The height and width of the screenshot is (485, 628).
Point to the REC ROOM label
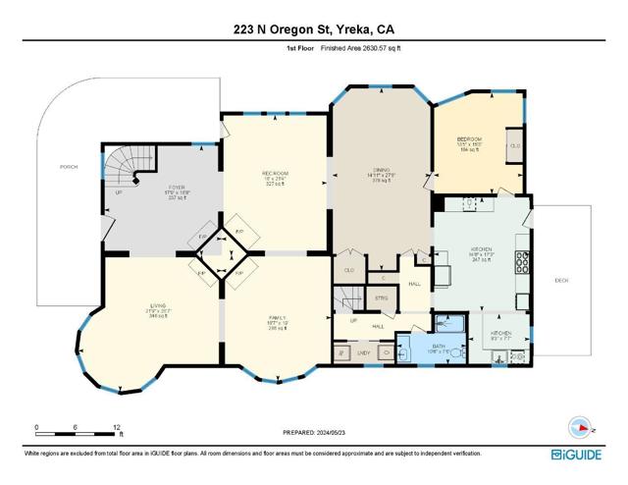[x=274, y=177]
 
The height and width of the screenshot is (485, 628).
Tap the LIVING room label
[x=131, y=310]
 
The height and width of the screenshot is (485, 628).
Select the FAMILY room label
[x=277, y=320]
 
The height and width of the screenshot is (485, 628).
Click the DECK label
[x=562, y=280]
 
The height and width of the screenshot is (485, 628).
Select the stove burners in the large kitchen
[x=523, y=263]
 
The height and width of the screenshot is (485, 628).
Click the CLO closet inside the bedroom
[x=515, y=146]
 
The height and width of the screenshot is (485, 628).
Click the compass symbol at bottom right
[x=580, y=427]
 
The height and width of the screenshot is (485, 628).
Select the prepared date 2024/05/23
[x=314, y=433]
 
